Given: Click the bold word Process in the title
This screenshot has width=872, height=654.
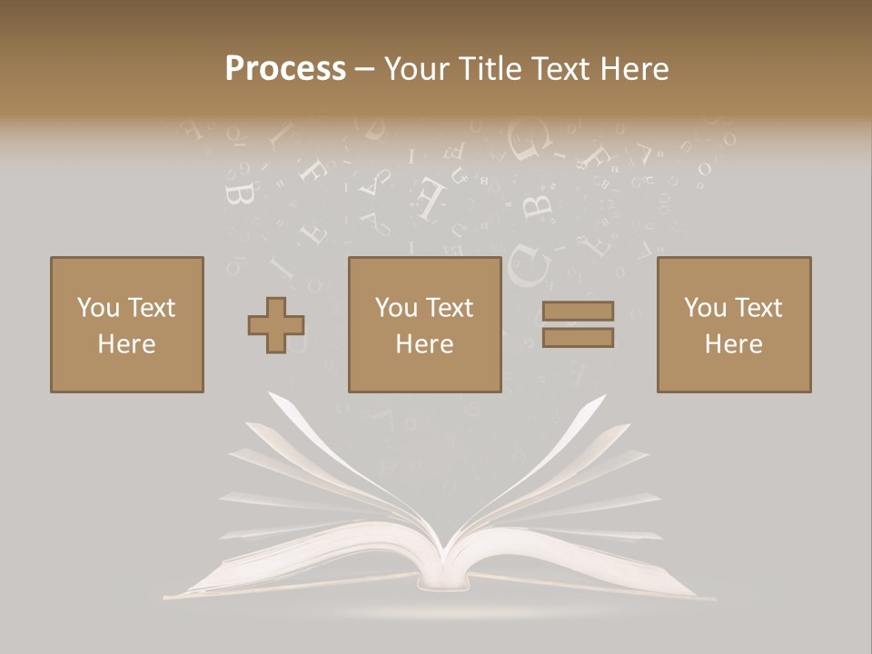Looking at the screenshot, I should (285, 69).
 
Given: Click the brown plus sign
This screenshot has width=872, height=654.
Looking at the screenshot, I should (276, 325).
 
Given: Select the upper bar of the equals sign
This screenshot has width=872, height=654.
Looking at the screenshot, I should (578, 312).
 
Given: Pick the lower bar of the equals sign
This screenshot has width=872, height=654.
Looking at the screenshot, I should (578, 338).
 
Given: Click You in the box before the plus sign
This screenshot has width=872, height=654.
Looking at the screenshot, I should (97, 308).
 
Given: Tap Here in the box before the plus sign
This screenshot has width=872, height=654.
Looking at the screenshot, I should (126, 344).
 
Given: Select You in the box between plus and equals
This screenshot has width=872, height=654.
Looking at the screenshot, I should (396, 308).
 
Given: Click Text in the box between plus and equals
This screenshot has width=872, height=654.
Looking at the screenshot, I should (449, 308).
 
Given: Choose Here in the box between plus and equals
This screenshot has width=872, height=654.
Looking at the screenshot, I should (424, 344).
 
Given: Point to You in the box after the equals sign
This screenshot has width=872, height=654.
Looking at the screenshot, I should (705, 308).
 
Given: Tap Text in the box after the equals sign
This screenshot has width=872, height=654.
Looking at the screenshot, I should (758, 308).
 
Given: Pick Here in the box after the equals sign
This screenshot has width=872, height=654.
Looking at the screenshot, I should (733, 344).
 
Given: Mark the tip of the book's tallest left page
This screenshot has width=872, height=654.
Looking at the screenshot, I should (269, 394).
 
